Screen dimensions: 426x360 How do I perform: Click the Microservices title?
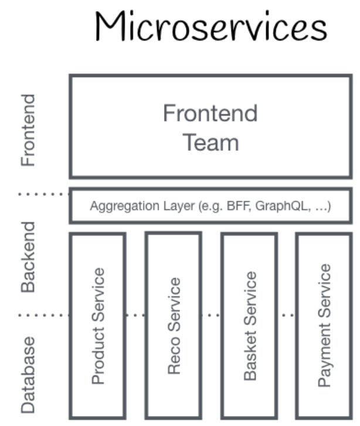tap(210, 26)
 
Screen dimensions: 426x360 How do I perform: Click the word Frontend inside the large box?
tap(210, 112)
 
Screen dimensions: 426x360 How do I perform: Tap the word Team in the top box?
tap(210, 143)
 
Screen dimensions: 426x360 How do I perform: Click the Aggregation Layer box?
tap(210, 206)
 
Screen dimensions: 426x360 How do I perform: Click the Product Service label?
tap(98, 326)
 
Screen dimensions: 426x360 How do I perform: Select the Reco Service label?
tap(174, 326)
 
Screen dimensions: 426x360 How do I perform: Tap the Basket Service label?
tap(249, 326)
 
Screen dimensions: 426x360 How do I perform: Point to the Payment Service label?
tap(324, 326)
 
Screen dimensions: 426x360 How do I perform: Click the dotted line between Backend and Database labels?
tap(43, 315)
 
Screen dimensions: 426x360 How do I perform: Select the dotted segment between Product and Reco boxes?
tap(135, 315)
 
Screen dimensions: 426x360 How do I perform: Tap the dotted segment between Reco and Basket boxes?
tap(211, 315)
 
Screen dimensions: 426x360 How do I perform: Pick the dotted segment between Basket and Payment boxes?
tap(287, 315)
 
